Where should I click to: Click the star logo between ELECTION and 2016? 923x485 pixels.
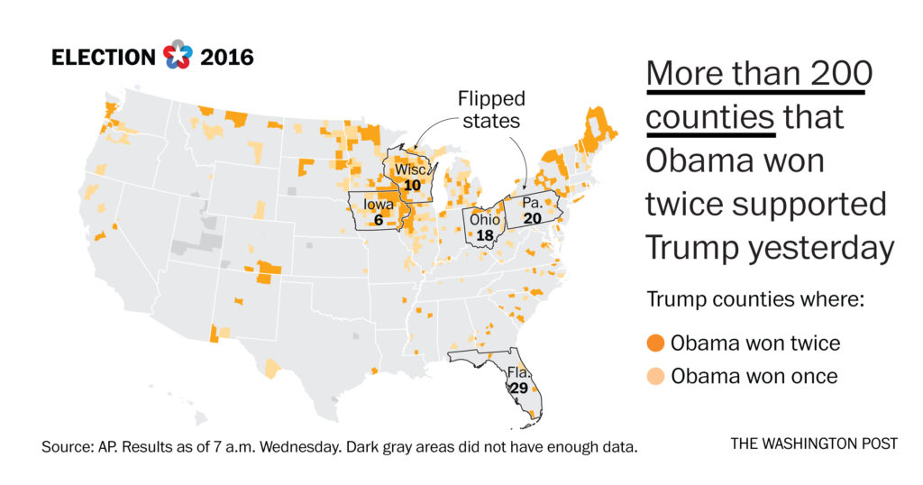point(178,57)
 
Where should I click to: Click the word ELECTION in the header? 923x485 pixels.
point(104,58)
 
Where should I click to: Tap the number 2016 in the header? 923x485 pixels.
point(226,58)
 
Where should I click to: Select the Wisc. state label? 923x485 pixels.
point(412,169)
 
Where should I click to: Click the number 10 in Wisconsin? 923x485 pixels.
point(413,185)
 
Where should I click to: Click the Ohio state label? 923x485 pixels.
point(483,220)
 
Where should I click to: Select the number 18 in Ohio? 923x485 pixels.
point(484,235)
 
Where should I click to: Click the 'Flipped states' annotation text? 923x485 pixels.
point(490,109)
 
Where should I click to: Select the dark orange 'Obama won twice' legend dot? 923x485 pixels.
point(655,343)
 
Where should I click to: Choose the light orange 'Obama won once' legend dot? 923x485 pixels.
point(655,376)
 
